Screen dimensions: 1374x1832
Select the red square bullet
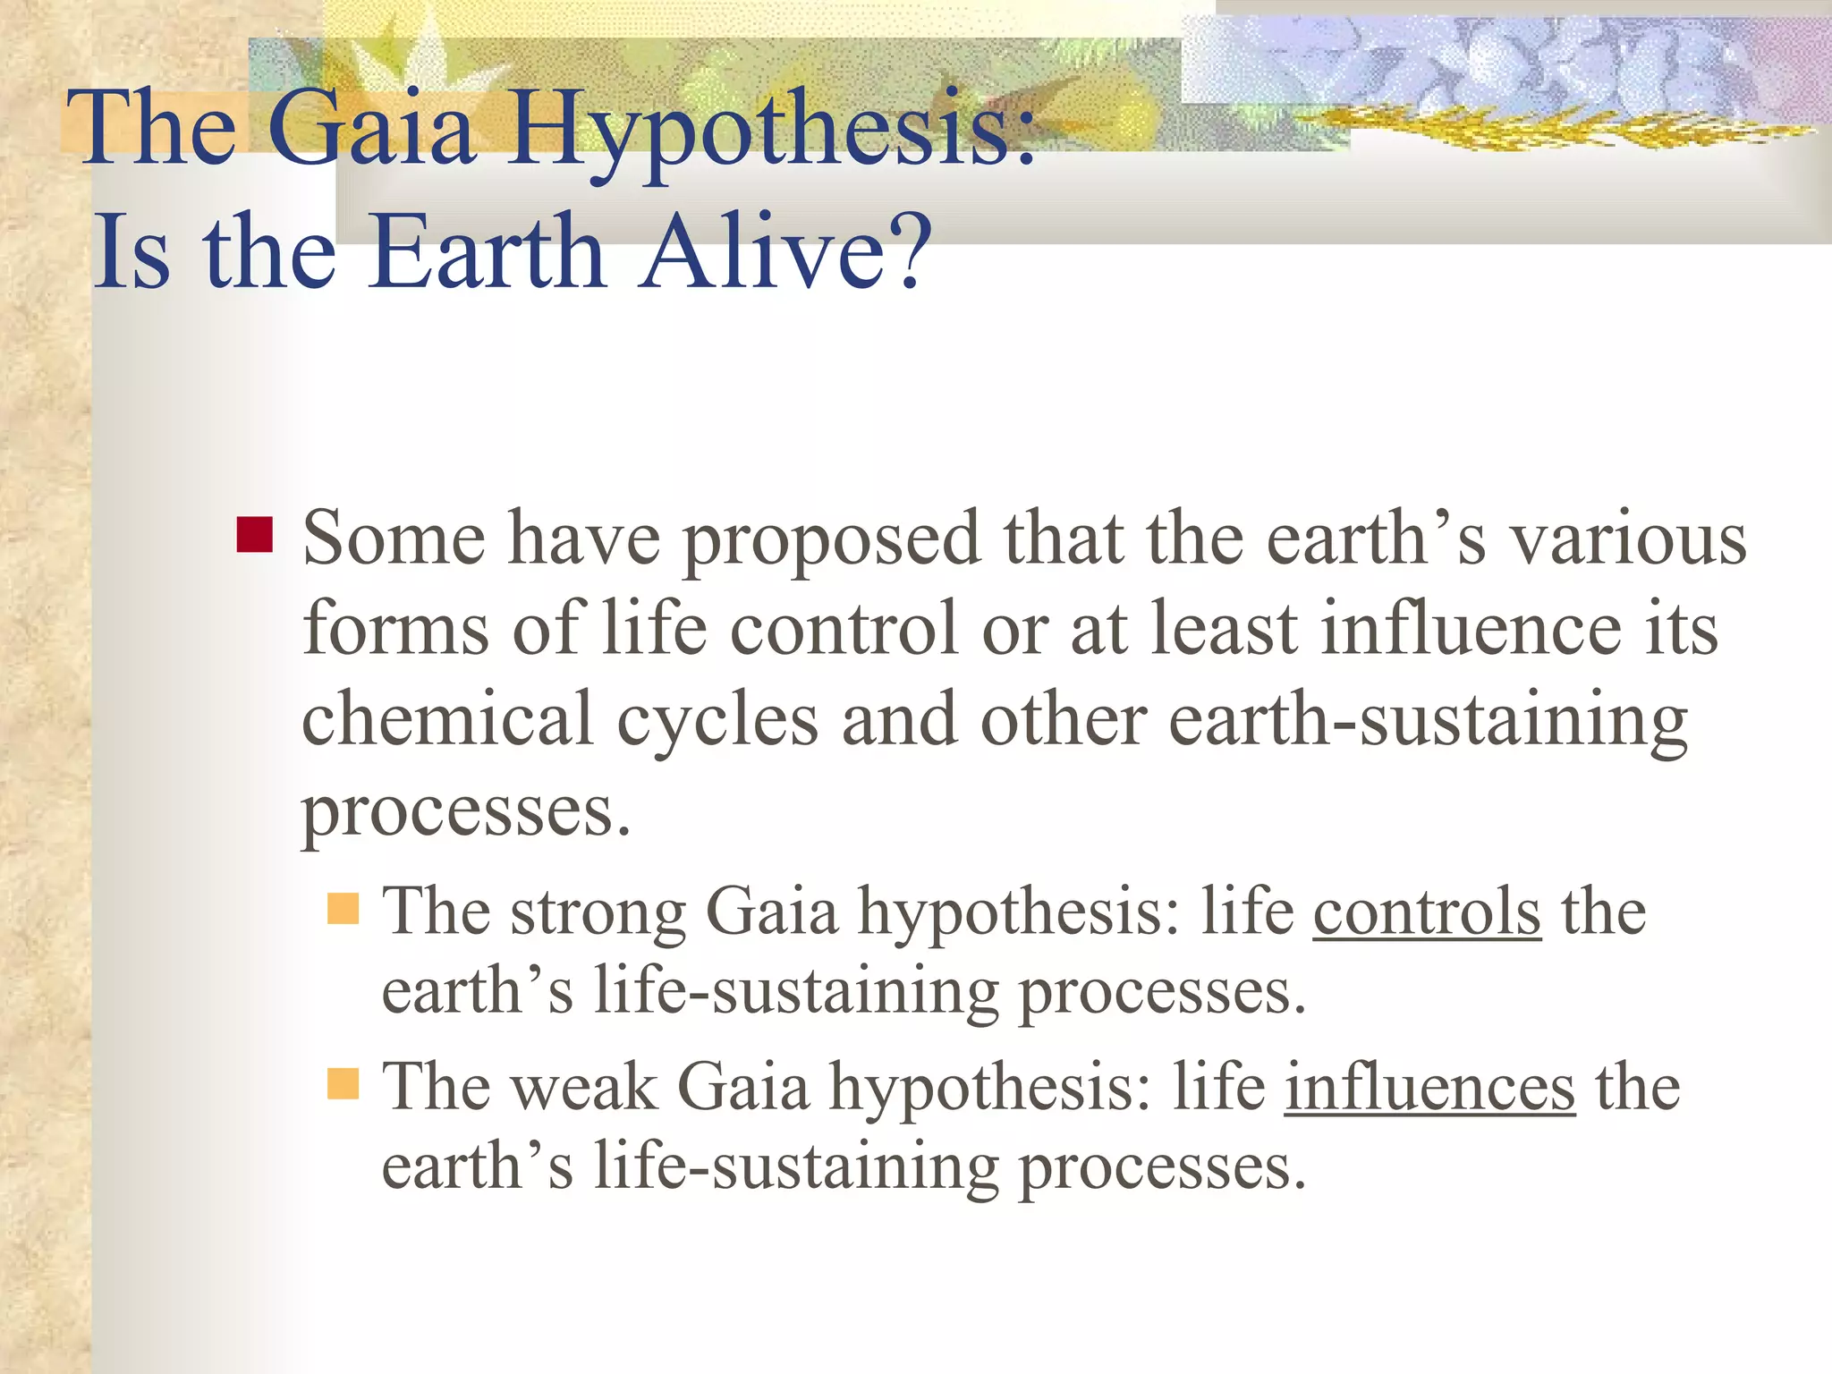point(255,535)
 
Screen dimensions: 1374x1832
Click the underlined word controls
point(1427,912)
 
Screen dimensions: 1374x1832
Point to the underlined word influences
point(1429,1088)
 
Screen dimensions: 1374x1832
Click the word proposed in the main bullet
point(832,542)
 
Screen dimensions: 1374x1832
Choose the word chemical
point(447,719)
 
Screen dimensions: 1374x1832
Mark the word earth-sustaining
point(1428,721)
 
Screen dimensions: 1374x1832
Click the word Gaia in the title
point(370,130)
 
